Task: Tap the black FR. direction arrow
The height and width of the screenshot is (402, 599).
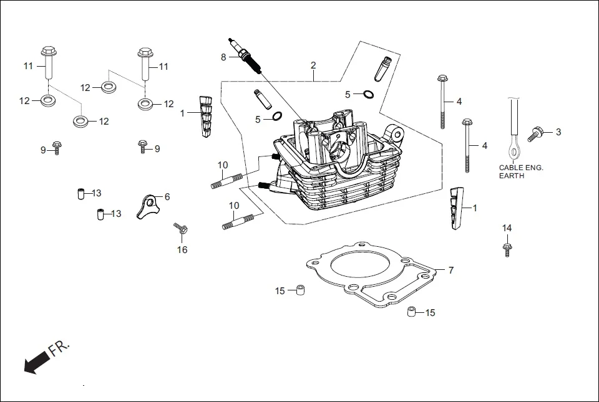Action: pos(36,362)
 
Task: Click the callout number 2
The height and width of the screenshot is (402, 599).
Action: pos(313,65)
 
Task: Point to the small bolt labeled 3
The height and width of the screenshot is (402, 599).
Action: pos(536,133)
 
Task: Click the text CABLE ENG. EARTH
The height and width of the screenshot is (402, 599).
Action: pos(521,171)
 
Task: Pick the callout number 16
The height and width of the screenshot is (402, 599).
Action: pos(182,250)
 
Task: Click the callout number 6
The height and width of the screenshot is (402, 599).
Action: pos(167,196)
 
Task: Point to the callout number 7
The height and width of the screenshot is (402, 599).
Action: pos(450,270)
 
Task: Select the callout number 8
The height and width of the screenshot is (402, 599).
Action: pos(223,57)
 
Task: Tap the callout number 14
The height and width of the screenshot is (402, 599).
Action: pos(507,228)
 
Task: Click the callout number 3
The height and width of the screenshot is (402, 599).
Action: pos(558,132)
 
